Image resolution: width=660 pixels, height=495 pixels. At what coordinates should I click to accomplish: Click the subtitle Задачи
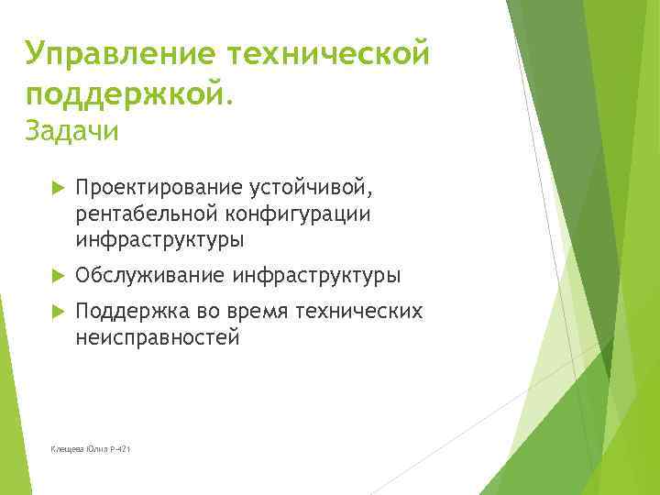coord(72,132)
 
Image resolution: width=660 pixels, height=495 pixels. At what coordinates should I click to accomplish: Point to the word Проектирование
coord(159,188)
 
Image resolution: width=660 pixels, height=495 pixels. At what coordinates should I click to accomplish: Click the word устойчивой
coord(311,188)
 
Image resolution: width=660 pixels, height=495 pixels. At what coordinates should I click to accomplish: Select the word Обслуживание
coord(150,275)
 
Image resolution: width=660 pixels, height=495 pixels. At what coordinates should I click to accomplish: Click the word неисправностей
coord(158,338)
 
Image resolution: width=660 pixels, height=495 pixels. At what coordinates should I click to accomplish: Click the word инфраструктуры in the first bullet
coord(160,239)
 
